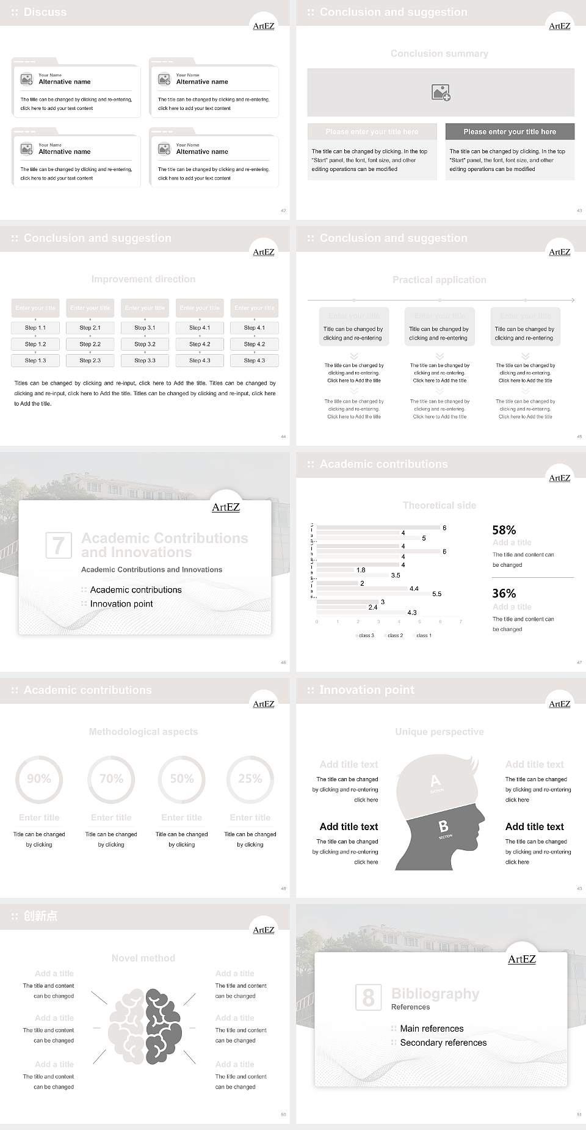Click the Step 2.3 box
click(90, 360)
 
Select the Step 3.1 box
click(145, 327)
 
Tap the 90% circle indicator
click(39, 779)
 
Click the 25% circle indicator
click(250, 779)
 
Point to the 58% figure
click(504, 530)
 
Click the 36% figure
click(504, 593)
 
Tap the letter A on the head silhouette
click(435, 781)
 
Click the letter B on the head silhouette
click(444, 826)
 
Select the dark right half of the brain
click(163, 1026)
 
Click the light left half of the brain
click(127, 1026)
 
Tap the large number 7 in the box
click(59, 545)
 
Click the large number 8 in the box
click(368, 997)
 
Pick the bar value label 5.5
click(436, 594)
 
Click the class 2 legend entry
click(394, 635)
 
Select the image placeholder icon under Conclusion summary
click(441, 93)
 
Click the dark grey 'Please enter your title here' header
click(510, 131)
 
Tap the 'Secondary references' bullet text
click(443, 1043)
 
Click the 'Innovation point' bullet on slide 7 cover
click(121, 603)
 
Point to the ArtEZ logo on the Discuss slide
click(264, 26)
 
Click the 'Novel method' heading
click(143, 958)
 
